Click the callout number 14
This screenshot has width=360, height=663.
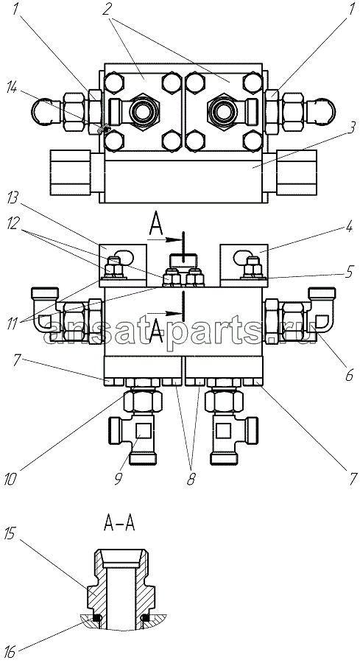tap(13, 89)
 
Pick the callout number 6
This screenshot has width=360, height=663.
tap(349, 375)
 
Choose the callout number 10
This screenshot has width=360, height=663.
tap(11, 480)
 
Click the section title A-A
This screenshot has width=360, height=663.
tap(119, 524)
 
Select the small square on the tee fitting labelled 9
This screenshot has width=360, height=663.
tap(142, 431)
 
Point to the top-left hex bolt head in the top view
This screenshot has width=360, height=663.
tap(113, 83)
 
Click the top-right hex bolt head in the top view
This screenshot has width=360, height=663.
tap(253, 83)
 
